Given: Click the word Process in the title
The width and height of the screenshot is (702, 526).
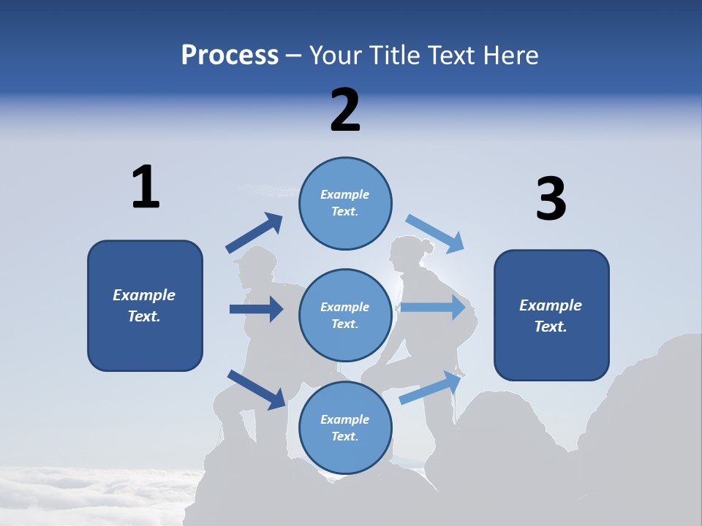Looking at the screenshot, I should point(230,56).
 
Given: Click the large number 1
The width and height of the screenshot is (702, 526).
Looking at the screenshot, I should point(146,187).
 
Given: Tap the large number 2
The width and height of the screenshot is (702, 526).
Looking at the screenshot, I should point(345,110).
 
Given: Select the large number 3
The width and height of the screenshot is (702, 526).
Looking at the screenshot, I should point(551,199).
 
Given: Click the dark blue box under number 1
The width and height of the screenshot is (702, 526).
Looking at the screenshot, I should point(145,305).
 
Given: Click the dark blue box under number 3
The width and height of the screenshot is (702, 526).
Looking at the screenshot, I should point(551,315).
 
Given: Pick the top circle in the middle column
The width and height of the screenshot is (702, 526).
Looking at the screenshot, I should point(345,203).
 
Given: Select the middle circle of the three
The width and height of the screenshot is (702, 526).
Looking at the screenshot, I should point(345,315).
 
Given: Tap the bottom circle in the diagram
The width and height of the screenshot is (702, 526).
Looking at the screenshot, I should point(345,427).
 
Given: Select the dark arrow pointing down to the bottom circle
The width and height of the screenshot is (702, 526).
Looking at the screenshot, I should point(257,389).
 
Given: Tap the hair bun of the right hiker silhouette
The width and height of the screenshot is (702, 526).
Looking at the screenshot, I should point(427,246).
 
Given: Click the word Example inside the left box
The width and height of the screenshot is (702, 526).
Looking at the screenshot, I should point(144,295).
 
